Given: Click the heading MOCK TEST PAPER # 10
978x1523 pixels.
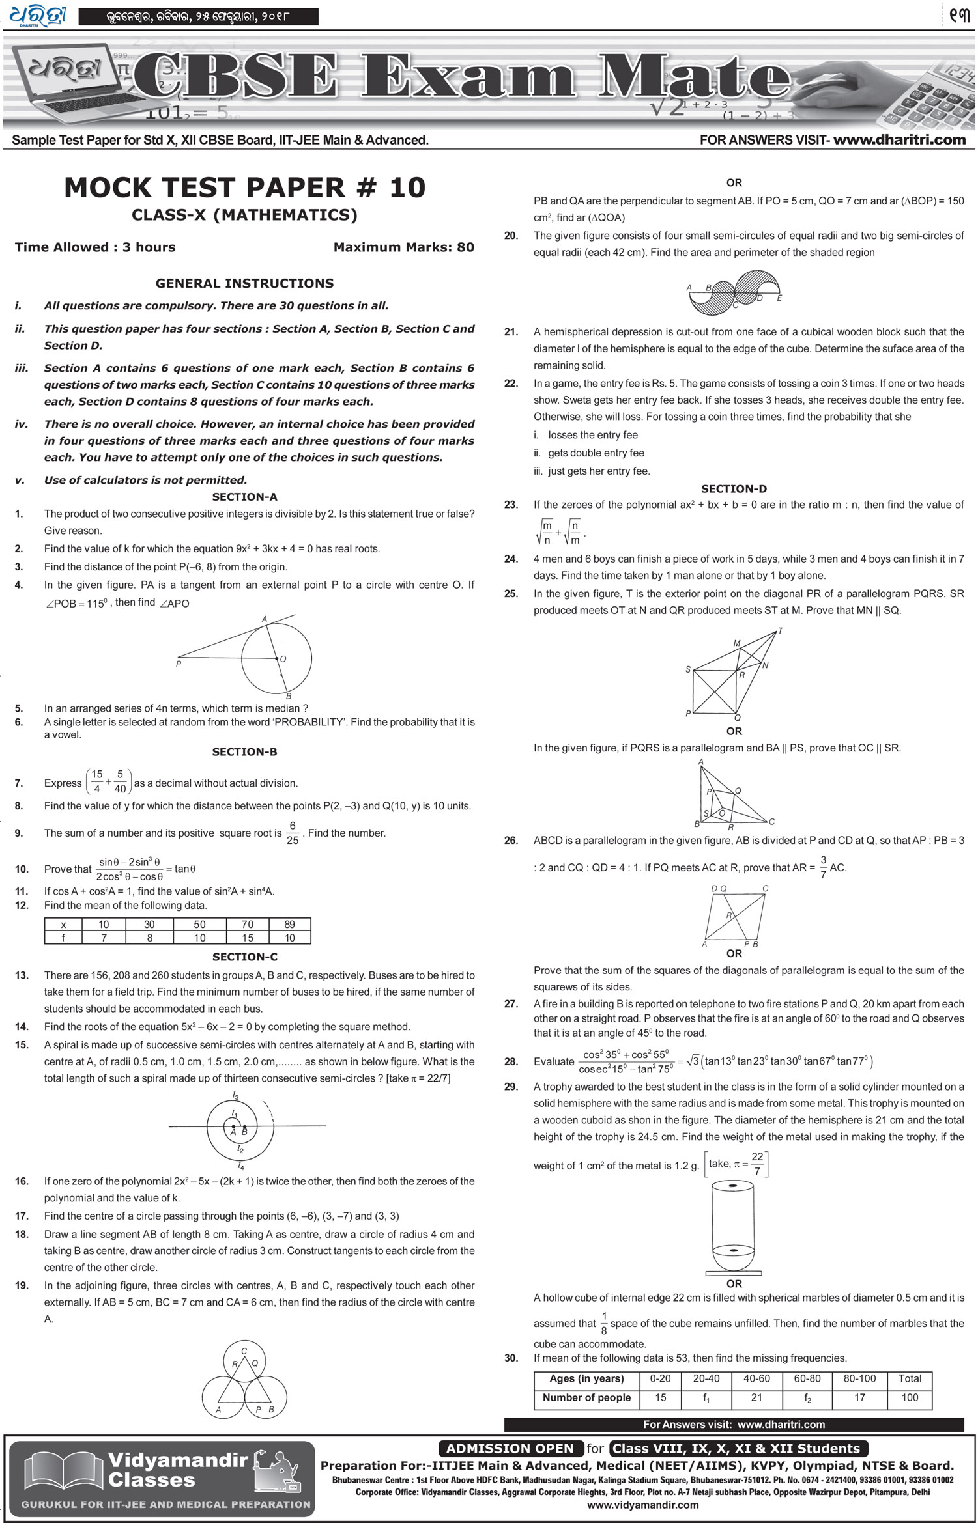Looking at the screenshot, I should click(x=244, y=188).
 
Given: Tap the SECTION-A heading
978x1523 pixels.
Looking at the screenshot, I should click(x=244, y=497).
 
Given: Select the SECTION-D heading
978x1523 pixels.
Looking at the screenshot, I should click(x=734, y=489).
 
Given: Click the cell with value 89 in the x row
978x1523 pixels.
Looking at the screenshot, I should click(x=289, y=925).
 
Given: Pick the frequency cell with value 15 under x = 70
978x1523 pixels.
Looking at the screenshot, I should click(x=247, y=938).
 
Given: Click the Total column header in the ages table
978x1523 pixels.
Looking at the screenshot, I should click(x=909, y=1378).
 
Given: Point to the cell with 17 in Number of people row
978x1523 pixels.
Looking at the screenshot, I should click(x=859, y=1397).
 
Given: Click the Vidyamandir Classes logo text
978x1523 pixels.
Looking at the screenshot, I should click(x=177, y=1470).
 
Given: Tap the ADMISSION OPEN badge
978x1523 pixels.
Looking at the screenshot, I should click(x=510, y=1449).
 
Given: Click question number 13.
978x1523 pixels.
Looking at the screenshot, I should click(x=22, y=975).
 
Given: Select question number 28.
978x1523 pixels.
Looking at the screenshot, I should click(x=511, y=1062).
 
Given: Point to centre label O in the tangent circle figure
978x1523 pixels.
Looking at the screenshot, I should click(x=283, y=659).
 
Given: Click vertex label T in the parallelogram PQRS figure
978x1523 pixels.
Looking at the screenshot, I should click(x=781, y=631).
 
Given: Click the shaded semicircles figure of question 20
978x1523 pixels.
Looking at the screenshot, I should click(x=734, y=290).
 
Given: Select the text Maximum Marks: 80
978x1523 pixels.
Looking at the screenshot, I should click(x=403, y=247).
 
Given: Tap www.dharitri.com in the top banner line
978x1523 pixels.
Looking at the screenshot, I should click(x=899, y=140).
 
